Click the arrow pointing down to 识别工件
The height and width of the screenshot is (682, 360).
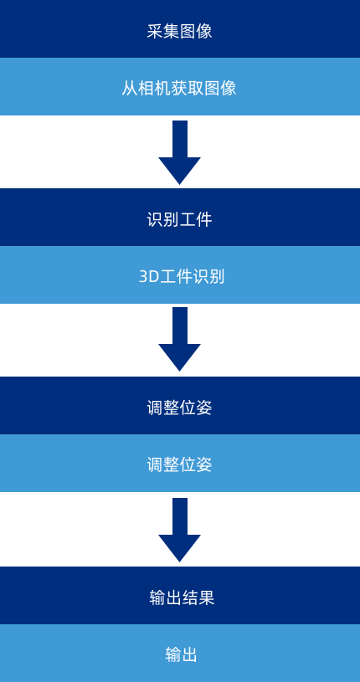179,152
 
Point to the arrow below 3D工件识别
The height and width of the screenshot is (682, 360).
179,339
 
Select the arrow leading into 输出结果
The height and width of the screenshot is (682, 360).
179,530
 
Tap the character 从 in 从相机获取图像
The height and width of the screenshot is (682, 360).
130,87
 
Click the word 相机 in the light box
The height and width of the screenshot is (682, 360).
155,87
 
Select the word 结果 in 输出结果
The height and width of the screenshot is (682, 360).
198,597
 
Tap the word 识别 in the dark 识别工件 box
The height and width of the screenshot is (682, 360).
163,219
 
